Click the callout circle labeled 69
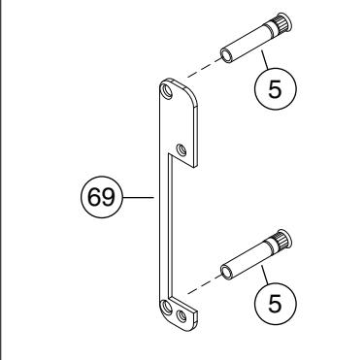pos(102,197)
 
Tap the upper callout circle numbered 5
pos(276,88)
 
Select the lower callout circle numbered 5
pos(276,303)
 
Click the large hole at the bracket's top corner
pos(167,90)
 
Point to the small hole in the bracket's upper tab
pos(182,150)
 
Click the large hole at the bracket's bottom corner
pos(167,307)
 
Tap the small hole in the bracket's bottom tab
pos(182,315)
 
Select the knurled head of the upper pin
pos(281,23)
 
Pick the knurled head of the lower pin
pos(281,240)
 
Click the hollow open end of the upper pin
pos(226,55)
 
